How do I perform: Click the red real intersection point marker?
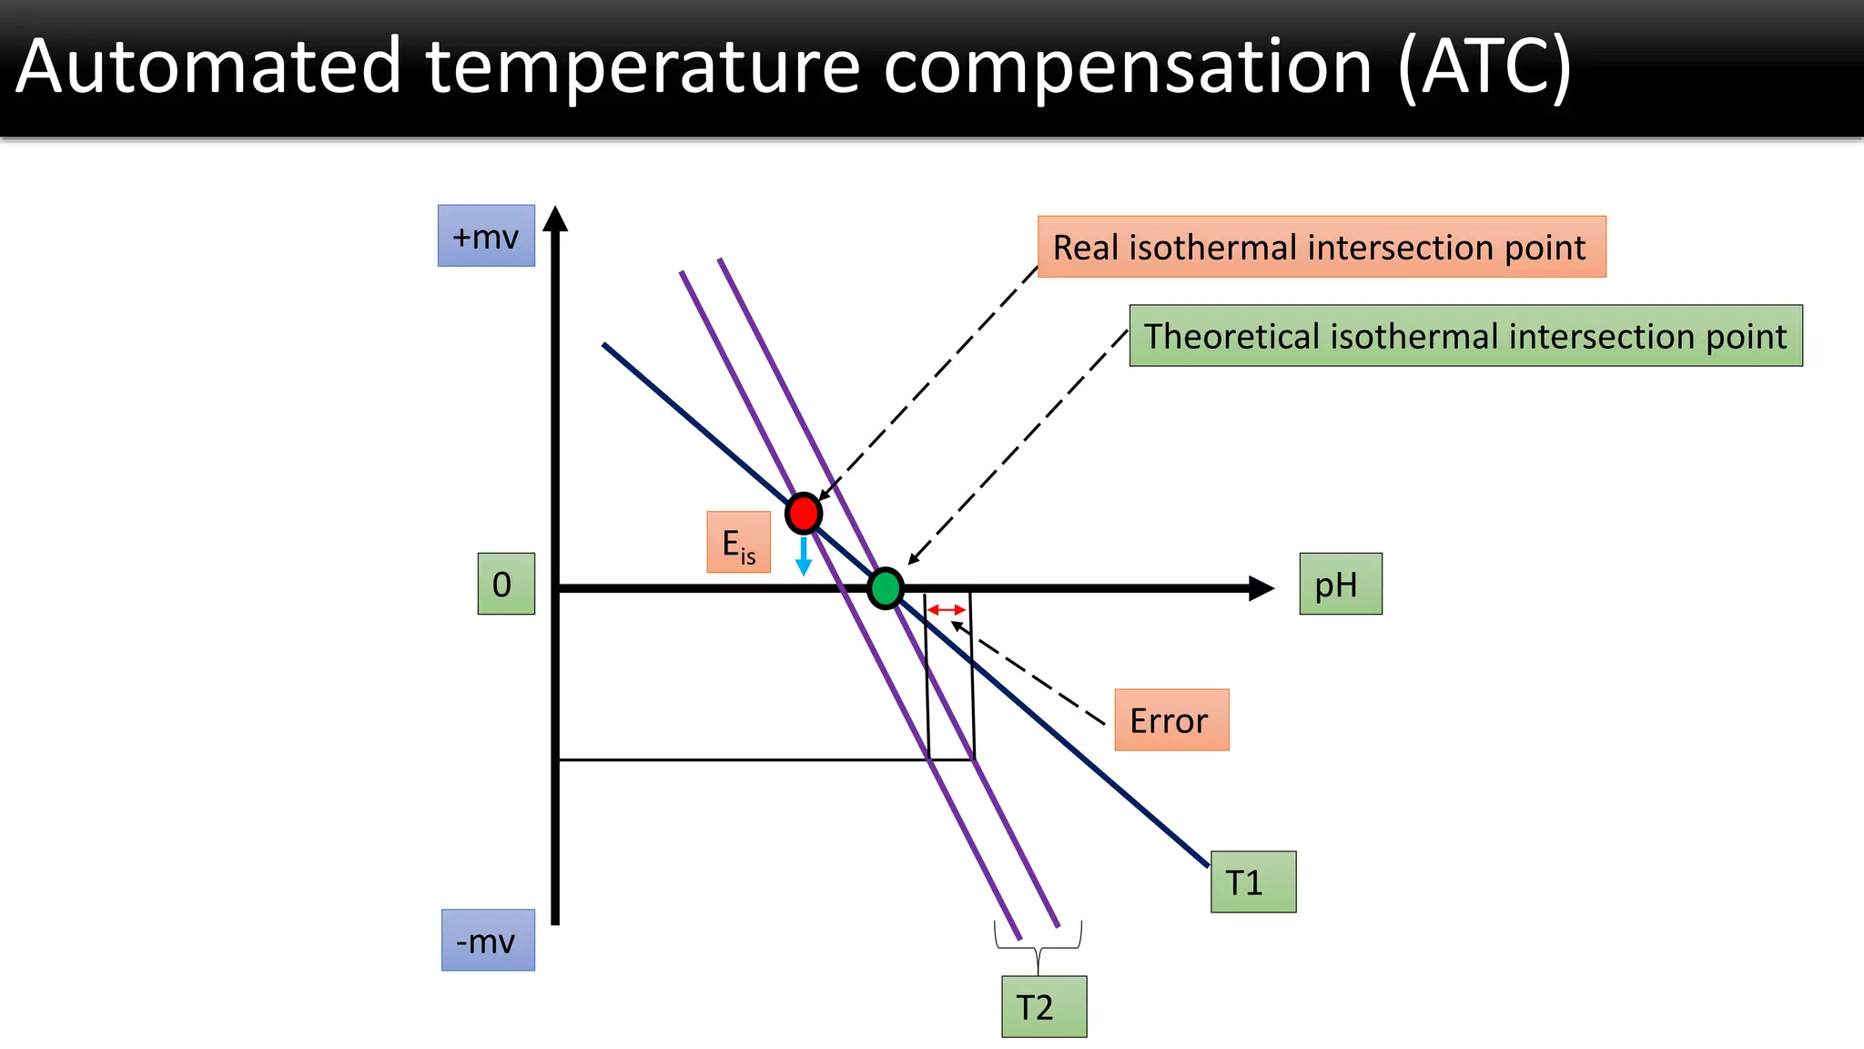804,514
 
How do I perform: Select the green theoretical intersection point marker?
885,588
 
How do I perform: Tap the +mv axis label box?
486,236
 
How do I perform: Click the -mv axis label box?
488,940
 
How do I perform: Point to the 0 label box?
506,584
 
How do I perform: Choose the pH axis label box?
1340,584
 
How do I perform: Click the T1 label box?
1252,881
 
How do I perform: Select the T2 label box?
1044,1006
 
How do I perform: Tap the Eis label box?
738,543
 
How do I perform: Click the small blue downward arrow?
804,556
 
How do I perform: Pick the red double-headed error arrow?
947,610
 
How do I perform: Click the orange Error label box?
1171,720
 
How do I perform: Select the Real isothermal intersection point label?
1321,247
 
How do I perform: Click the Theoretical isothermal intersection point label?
1465,336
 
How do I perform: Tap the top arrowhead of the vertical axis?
555,219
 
